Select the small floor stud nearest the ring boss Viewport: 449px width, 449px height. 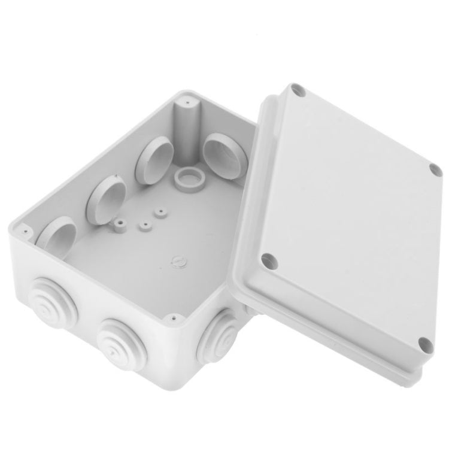(x=159, y=212)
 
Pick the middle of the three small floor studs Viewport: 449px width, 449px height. (x=144, y=226)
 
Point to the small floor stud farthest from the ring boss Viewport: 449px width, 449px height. (x=120, y=224)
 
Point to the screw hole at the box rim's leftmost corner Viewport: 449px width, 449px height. (x=25, y=229)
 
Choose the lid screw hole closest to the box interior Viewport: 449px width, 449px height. (x=267, y=260)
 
